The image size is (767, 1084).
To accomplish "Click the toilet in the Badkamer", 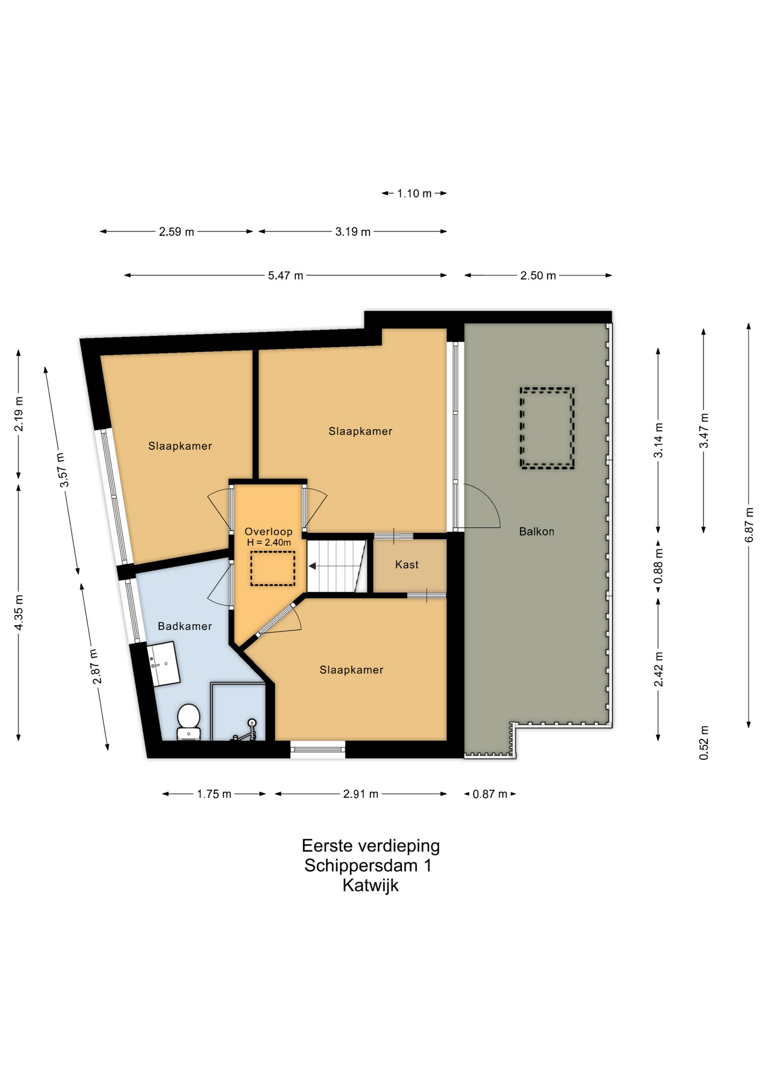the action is (189, 722).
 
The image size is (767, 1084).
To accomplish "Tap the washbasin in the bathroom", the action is (163, 664).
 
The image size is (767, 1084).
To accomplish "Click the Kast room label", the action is (407, 565).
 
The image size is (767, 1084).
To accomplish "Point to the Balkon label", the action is (537, 531).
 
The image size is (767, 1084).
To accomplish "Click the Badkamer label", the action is (185, 626).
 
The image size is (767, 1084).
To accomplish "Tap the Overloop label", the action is (268, 531).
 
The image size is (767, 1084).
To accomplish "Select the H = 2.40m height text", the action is (269, 543).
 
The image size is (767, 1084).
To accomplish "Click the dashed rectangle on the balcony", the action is (547, 428).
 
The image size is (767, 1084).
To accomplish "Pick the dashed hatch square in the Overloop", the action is (273, 568).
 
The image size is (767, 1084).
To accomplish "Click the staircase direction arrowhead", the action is (312, 566).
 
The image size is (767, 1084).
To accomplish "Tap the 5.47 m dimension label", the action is (285, 276).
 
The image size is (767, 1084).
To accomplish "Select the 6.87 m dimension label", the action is (749, 525).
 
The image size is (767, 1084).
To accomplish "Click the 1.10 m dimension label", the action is (414, 194).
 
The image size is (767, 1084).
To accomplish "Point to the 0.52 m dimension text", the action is (704, 742).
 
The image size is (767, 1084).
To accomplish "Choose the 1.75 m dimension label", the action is (214, 794).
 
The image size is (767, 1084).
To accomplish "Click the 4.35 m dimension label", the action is (19, 613).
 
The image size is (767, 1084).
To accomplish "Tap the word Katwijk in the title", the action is (371, 885).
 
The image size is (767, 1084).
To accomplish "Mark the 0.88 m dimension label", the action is (659, 565).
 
